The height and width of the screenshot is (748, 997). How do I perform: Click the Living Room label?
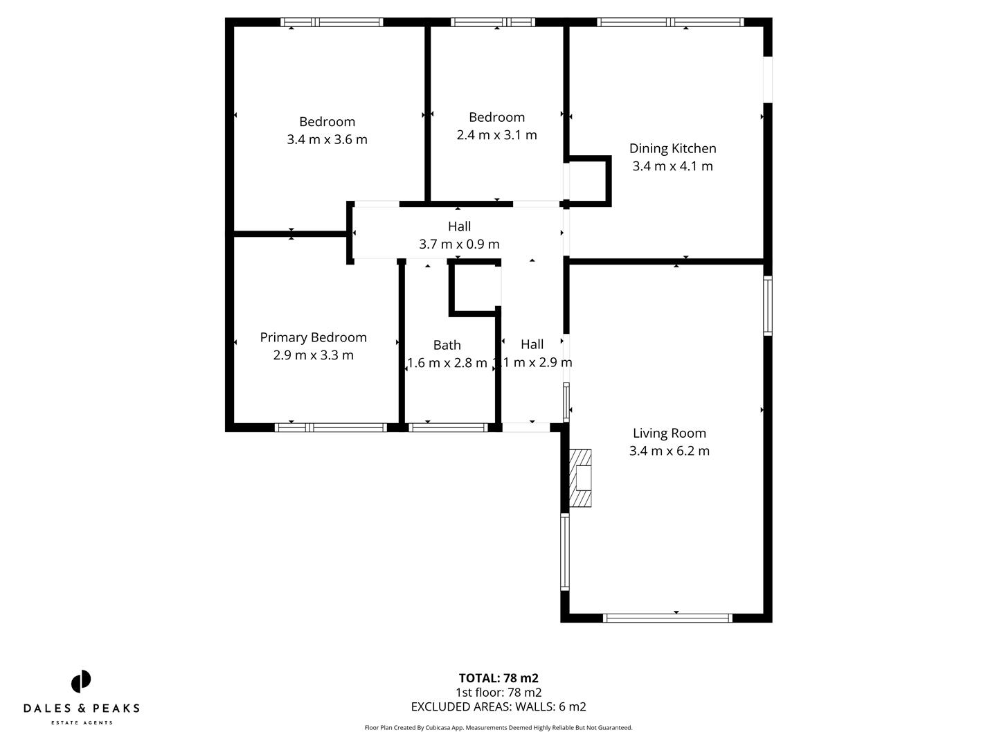pos(669,434)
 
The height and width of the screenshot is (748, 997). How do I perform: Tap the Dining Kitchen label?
pos(672,148)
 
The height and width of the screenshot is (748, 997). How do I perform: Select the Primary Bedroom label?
pos(313,337)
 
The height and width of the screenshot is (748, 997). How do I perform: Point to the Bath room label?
pos(447,345)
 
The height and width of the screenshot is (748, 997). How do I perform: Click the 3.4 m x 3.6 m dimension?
pos(327,139)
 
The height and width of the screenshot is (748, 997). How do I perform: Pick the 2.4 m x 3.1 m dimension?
pos(496,135)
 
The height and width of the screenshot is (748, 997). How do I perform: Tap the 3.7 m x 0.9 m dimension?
pos(459,244)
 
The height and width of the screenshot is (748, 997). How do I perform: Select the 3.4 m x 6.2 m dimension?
pos(669,451)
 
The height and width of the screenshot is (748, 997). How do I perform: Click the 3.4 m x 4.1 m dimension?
pos(672,166)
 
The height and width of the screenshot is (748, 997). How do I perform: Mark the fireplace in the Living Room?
pos(580,478)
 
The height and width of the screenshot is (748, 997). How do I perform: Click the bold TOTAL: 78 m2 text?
pos(498,678)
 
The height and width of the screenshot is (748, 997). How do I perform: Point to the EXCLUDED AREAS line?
pos(498,707)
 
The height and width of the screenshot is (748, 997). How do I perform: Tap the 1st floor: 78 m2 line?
pos(498,693)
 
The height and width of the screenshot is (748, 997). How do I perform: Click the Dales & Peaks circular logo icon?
pos(81,682)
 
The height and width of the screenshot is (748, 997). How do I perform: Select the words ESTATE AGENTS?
pos(82,723)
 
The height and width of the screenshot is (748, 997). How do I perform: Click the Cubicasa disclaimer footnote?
pos(498,728)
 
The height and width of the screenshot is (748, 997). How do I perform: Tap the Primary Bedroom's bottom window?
pos(331,427)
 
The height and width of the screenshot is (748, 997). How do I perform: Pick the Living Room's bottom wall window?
pos(667,618)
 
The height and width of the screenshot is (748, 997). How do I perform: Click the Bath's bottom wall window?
pos(449,427)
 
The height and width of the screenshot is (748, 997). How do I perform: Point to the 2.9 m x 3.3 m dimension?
pos(313,355)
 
